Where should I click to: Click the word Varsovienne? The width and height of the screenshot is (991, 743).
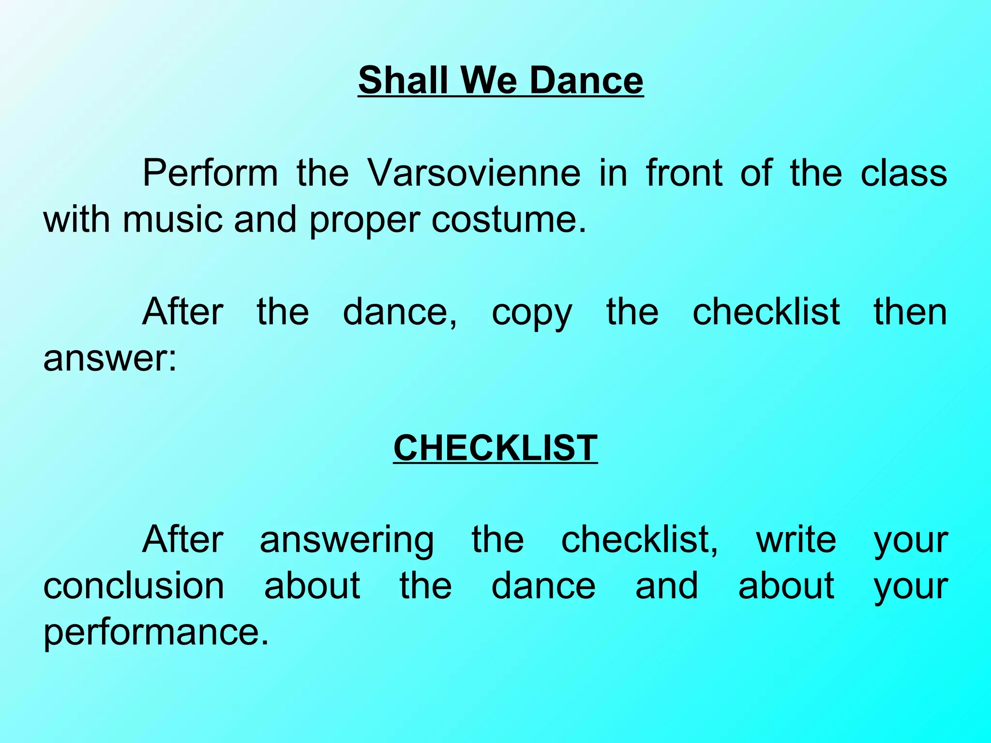click(474, 173)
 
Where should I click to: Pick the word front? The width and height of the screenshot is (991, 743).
click(684, 173)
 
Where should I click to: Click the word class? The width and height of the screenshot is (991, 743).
click(903, 173)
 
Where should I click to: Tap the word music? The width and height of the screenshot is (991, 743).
click(173, 219)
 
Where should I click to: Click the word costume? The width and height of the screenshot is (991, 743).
click(508, 219)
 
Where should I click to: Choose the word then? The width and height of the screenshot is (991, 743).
click(910, 312)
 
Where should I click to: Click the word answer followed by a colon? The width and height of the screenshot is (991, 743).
click(110, 358)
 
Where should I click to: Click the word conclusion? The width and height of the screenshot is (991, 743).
click(134, 586)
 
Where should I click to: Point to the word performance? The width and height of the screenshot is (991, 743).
click(155, 632)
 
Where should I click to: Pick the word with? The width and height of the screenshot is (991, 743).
click(76, 219)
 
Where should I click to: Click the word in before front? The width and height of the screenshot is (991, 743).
click(613, 173)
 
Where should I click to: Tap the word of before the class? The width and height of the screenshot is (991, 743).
click(756, 173)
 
